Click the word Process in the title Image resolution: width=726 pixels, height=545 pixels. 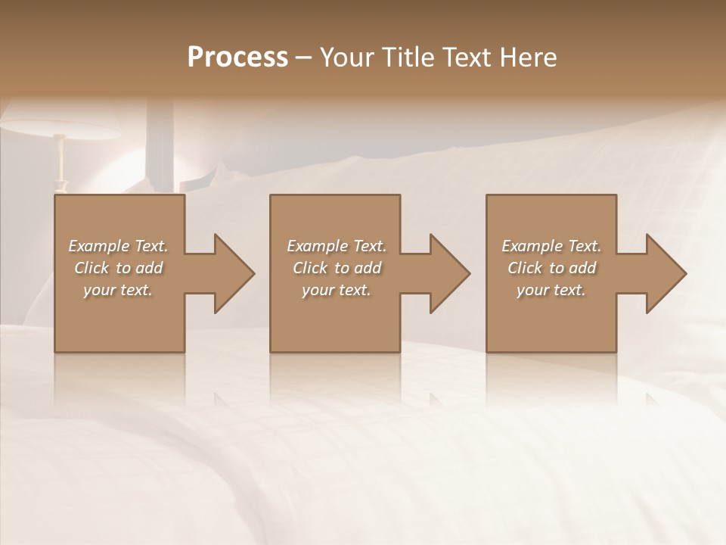point(237,58)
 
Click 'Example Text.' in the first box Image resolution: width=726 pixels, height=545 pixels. point(118,246)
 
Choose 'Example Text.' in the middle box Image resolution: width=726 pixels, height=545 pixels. point(337,246)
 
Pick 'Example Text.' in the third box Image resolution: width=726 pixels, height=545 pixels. point(551,246)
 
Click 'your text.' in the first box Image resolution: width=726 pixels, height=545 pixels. point(118,290)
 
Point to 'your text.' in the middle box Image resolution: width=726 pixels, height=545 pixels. point(337,290)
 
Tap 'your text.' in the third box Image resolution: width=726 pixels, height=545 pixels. point(551,290)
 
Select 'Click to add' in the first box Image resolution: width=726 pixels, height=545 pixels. point(118,268)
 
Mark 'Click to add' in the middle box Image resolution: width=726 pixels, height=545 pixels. point(337,268)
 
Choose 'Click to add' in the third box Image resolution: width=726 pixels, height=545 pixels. point(551,268)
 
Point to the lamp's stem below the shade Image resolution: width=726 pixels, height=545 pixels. point(60,163)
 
